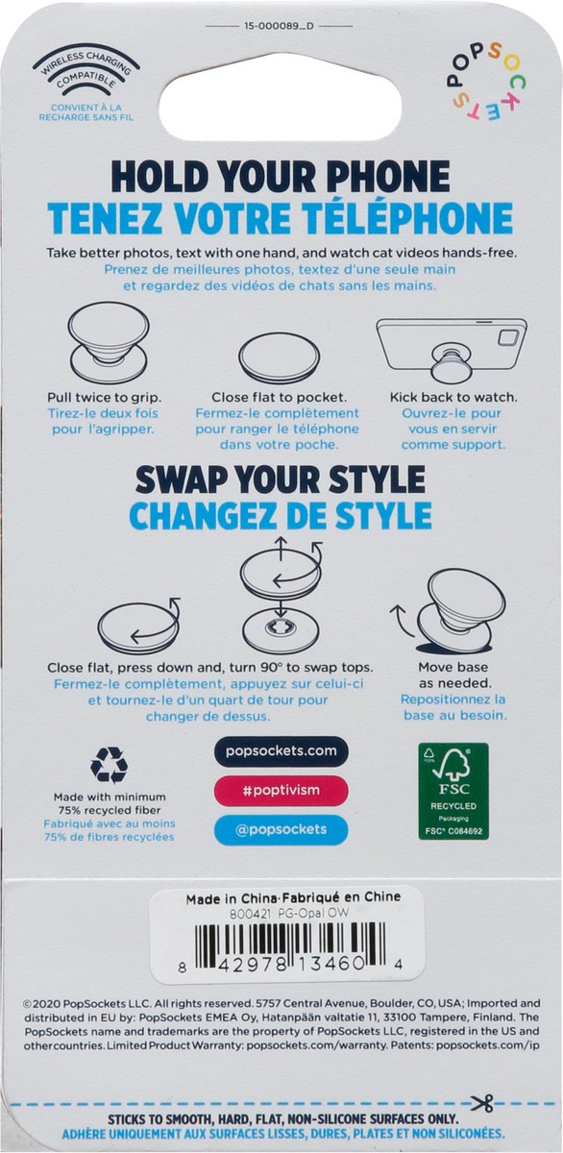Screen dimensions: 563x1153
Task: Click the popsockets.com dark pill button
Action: pyautogui.click(x=281, y=751)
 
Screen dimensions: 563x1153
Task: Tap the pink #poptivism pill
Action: pyautogui.click(x=281, y=790)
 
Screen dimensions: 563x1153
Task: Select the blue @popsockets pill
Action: pyautogui.click(x=281, y=829)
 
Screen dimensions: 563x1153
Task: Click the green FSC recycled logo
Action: pyautogui.click(x=453, y=791)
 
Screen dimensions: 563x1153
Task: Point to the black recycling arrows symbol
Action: pyautogui.click(x=110, y=766)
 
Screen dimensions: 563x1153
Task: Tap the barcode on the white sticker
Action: pyautogui.click(x=291, y=946)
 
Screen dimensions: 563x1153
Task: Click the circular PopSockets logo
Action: pyautogui.click(x=484, y=83)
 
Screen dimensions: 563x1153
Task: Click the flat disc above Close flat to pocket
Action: pyautogui.click(x=279, y=356)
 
